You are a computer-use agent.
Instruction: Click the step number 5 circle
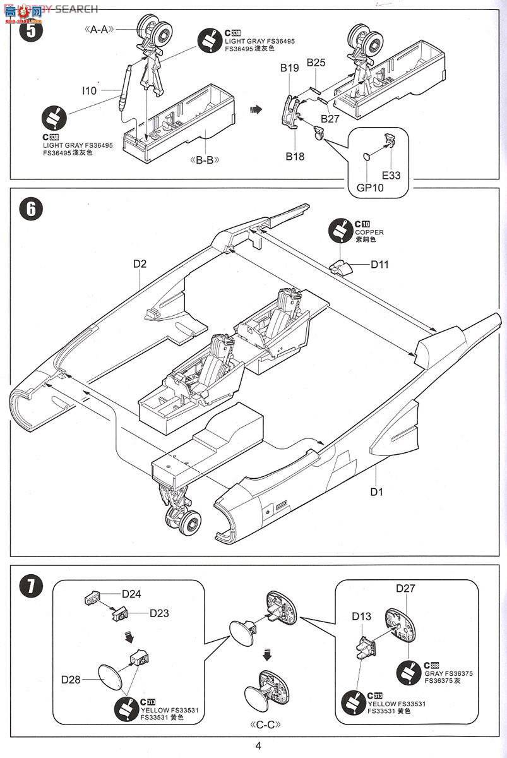pyautogui.click(x=32, y=30)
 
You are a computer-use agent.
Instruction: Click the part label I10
pyautogui.click(x=89, y=91)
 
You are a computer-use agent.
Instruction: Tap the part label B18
pyautogui.click(x=294, y=156)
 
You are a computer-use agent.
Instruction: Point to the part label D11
pyautogui.click(x=379, y=265)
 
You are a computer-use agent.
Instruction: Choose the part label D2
pyautogui.click(x=140, y=264)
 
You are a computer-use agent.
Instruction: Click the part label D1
pyautogui.click(x=377, y=491)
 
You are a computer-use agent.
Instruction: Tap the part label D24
pyautogui.click(x=131, y=593)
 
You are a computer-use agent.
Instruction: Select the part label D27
pyautogui.click(x=405, y=588)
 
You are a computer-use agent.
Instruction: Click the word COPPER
pyautogui.click(x=369, y=232)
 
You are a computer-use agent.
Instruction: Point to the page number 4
pyautogui.click(x=258, y=745)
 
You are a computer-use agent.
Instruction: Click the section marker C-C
pyautogui.click(x=266, y=724)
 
